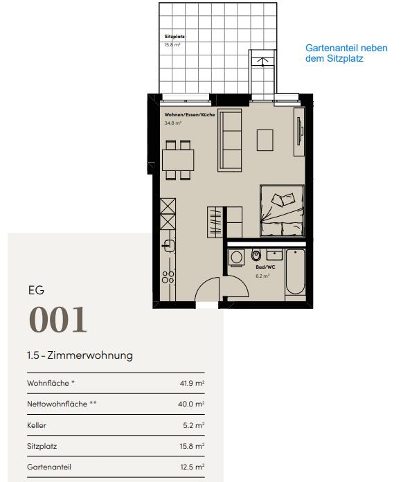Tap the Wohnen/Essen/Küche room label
click(x=189, y=114)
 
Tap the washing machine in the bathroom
click(x=237, y=256)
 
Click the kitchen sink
click(x=167, y=244)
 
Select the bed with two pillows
click(x=282, y=211)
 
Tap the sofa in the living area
click(x=230, y=141)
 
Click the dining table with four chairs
click(x=177, y=160)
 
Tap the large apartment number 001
click(x=58, y=320)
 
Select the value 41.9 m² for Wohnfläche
click(x=191, y=382)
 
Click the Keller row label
click(x=37, y=425)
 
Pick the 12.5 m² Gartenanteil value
click(x=191, y=467)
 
